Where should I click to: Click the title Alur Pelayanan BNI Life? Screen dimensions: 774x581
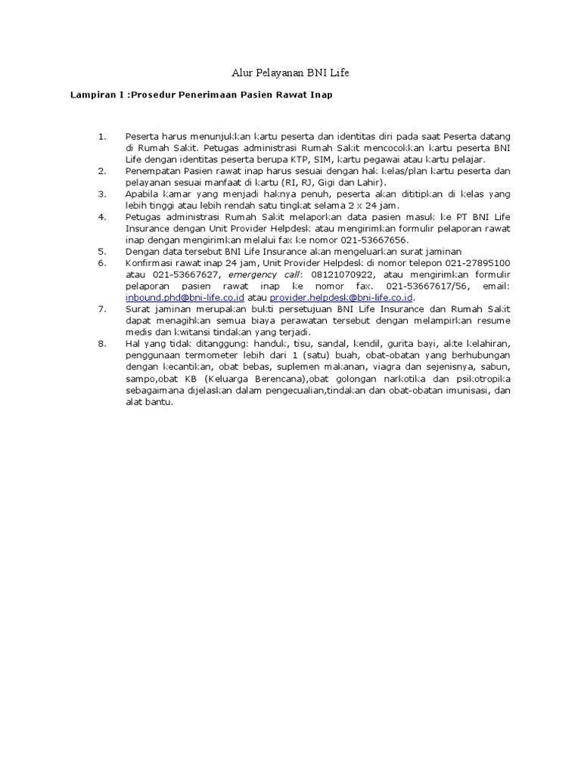(x=290, y=73)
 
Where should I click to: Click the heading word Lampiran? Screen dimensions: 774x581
(x=94, y=95)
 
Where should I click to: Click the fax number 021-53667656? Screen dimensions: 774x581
(x=372, y=240)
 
